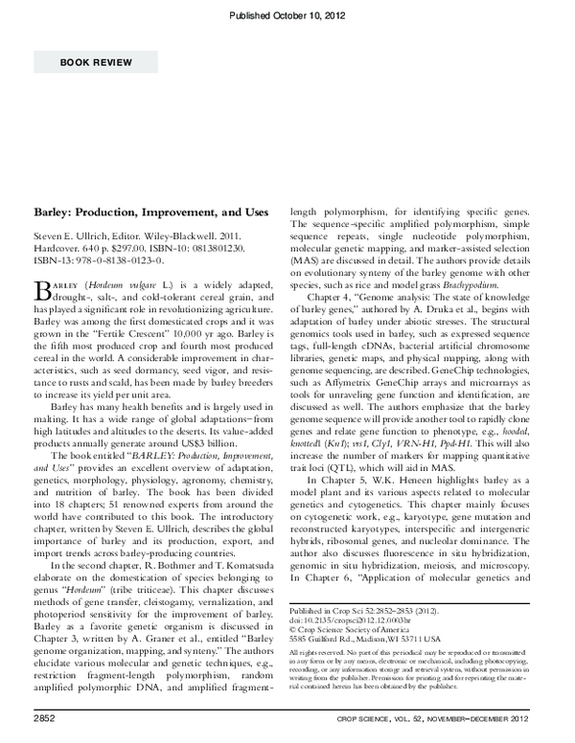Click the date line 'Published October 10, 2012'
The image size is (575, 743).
287,15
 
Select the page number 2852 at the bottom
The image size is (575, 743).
46,716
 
